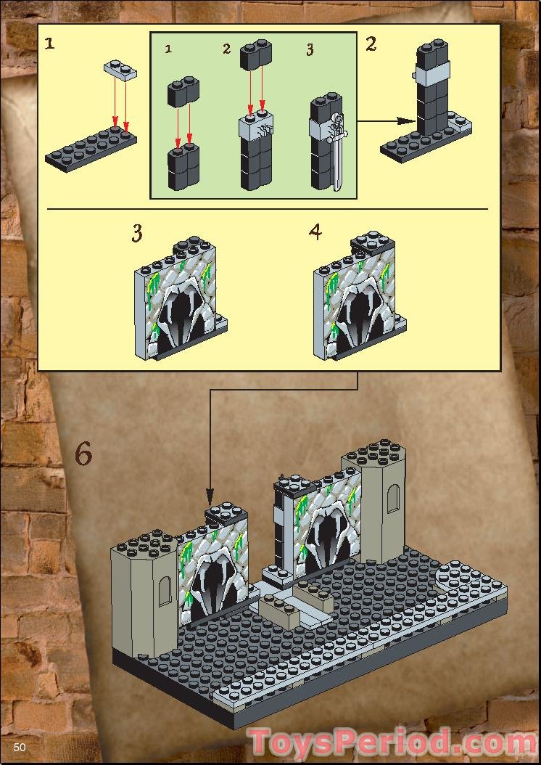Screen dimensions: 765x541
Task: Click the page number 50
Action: (x=19, y=748)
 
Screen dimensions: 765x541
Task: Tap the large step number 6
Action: (x=83, y=455)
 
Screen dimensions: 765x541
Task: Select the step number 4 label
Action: (x=315, y=232)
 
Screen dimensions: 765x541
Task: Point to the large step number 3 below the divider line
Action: (x=137, y=234)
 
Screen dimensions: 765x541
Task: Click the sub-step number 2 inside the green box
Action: (x=226, y=49)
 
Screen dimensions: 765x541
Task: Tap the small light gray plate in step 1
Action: (x=121, y=69)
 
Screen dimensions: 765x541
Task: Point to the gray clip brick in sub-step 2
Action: (x=255, y=128)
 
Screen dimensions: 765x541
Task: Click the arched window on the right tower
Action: (x=393, y=501)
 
